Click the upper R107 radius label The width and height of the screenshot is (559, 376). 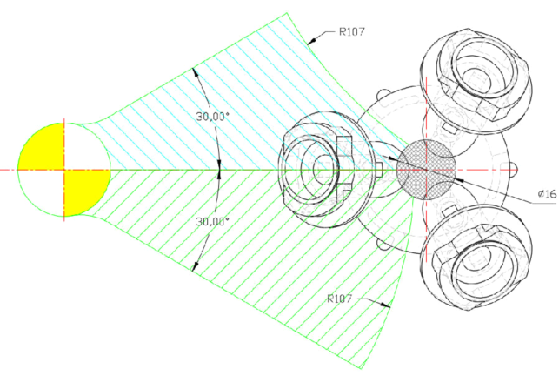coord(352,32)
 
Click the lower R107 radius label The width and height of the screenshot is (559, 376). coord(340,299)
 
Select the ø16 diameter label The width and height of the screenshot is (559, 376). coord(547,194)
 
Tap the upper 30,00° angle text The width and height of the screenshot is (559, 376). coord(211,117)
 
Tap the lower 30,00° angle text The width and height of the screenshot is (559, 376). coord(212,222)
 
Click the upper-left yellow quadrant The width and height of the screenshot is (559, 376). coord(42,146)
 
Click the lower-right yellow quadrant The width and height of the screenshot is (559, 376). coord(87,192)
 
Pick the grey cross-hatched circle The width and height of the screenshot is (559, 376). coord(426,170)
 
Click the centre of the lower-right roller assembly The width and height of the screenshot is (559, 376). coord(476,258)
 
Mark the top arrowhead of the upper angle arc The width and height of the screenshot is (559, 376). coord(195,72)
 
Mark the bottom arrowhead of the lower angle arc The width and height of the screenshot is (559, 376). coord(196,266)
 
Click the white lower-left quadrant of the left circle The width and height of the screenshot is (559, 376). coord(42,191)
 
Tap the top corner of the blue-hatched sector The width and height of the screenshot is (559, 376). coord(288,13)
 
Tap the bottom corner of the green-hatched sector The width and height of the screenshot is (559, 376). coord(361,368)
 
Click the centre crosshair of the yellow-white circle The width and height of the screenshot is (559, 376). coord(64,170)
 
